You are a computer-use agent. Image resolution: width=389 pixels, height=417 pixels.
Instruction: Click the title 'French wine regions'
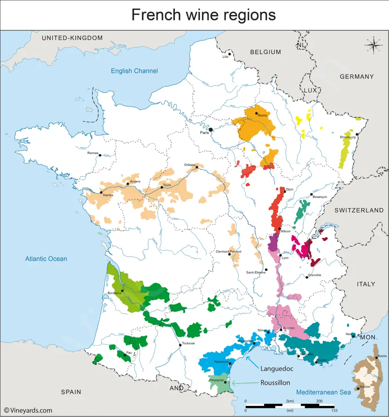(x=203, y=15)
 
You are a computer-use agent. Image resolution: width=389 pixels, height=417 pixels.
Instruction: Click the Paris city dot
(x=211, y=130)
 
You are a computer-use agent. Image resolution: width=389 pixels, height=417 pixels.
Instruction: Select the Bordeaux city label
(x=114, y=293)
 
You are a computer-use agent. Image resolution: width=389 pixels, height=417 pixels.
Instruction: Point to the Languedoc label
(x=277, y=369)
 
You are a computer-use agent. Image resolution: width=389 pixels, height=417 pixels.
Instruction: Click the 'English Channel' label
(x=134, y=71)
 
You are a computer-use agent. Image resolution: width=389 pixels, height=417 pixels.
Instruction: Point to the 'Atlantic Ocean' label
(x=46, y=259)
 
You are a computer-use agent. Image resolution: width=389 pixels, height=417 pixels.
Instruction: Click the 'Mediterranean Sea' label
(x=323, y=392)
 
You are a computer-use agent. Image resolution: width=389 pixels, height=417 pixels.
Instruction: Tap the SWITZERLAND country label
(x=359, y=210)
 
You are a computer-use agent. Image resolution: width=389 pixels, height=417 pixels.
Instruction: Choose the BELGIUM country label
(x=266, y=52)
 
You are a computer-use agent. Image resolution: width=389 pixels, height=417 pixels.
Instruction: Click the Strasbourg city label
(x=347, y=137)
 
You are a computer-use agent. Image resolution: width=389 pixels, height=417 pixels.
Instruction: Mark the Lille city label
(x=226, y=56)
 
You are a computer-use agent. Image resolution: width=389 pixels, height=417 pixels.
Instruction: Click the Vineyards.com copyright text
(x=28, y=410)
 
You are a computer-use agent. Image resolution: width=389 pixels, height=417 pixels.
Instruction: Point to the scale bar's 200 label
(x=319, y=401)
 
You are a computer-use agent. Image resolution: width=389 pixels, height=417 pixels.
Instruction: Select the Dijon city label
(x=290, y=189)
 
